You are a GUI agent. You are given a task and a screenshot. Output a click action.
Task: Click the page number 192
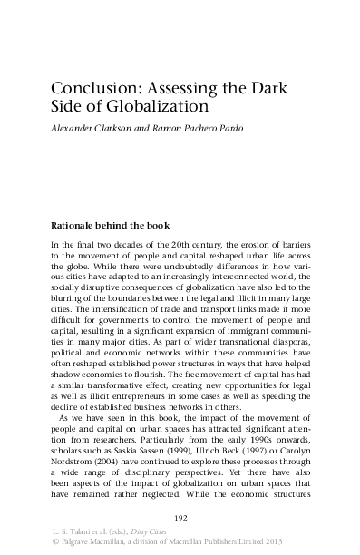pyautogui.click(x=180, y=517)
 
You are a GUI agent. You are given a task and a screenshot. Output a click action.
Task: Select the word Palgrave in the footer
pyautogui.click(x=78, y=542)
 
